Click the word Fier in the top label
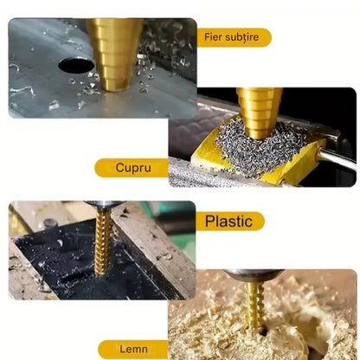coord(213,36)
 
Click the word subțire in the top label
coord(241,37)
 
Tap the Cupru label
coord(132,168)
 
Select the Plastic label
coord(230,222)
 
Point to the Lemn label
coord(133,349)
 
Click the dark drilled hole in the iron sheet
coord(76,65)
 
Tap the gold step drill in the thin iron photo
coord(115,55)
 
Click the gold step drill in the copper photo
coord(260,112)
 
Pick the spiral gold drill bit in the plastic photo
coord(103,241)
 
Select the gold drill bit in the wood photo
coord(255,305)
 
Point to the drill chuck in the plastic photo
coord(104,205)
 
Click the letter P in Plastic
coord(210,221)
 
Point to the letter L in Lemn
coord(123,349)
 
